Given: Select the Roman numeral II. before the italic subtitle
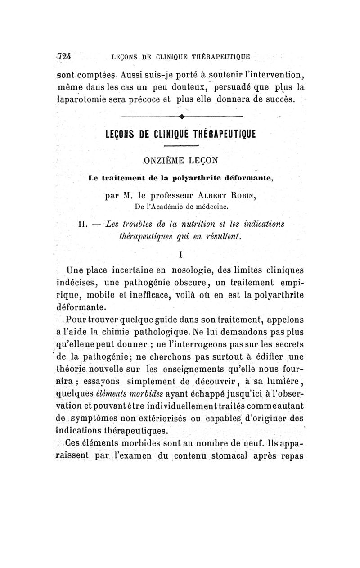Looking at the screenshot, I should [85, 224].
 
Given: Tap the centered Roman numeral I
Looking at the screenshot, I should [180, 255].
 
